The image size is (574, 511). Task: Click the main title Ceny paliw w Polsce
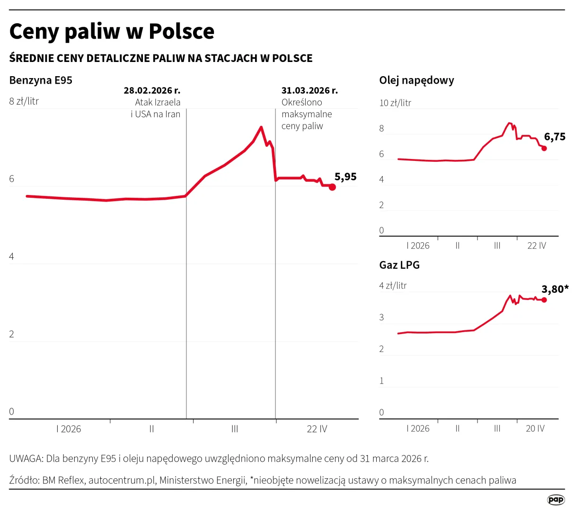[x=112, y=32]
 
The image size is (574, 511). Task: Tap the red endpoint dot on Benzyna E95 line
[x=332, y=187]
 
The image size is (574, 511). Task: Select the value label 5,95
[x=345, y=176]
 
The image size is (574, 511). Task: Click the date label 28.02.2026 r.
[x=152, y=90]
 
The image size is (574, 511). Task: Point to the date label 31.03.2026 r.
[x=309, y=90]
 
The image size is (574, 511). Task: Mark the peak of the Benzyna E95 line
[x=261, y=127]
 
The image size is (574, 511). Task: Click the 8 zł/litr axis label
[x=24, y=101]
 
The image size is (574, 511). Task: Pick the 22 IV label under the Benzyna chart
[x=317, y=429]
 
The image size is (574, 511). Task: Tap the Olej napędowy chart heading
[x=416, y=80]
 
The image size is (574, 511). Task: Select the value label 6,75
[x=555, y=137]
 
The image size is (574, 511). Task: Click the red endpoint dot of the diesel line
[x=544, y=148]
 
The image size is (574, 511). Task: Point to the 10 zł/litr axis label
[x=395, y=103]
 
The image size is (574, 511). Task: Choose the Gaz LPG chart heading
[x=399, y=265]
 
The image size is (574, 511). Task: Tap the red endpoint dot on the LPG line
[x=544, y=300]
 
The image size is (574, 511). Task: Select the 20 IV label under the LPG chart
[x=535, y=428]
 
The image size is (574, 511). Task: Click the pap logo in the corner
[x=556, y=500]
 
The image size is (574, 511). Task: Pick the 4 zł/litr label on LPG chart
[x=393, y=286]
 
